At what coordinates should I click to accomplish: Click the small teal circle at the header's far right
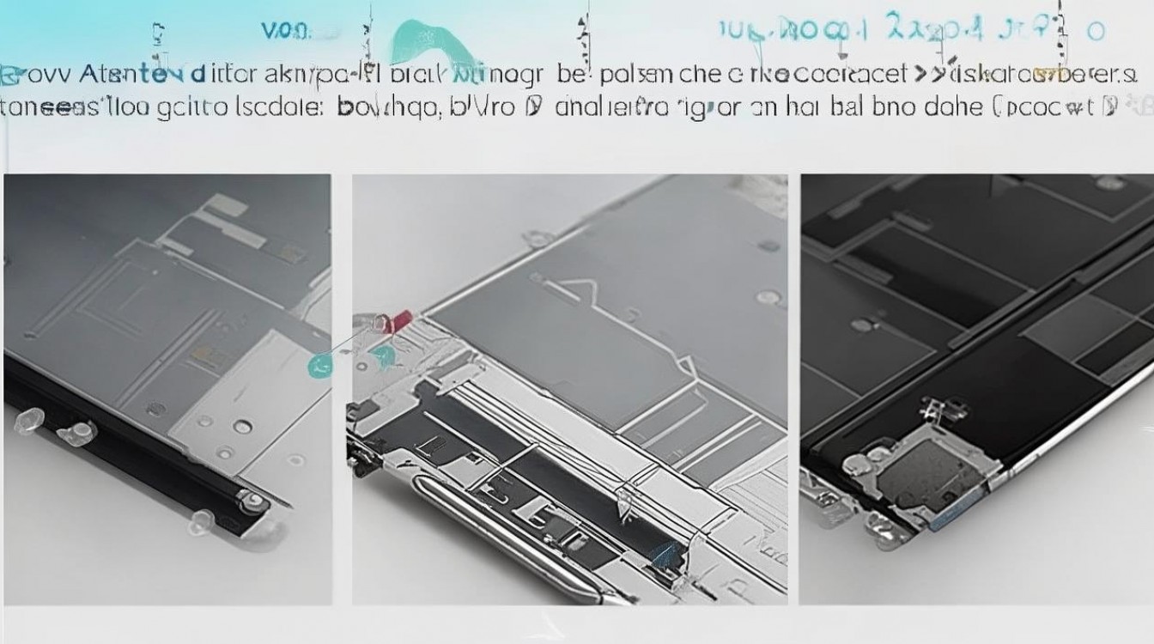[1095, 32]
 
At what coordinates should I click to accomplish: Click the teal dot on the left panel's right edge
[319, 366]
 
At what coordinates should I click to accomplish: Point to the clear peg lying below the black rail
[201, 519]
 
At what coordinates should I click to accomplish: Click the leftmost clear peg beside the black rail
[28, 419]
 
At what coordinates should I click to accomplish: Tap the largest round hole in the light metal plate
[243, 426]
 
